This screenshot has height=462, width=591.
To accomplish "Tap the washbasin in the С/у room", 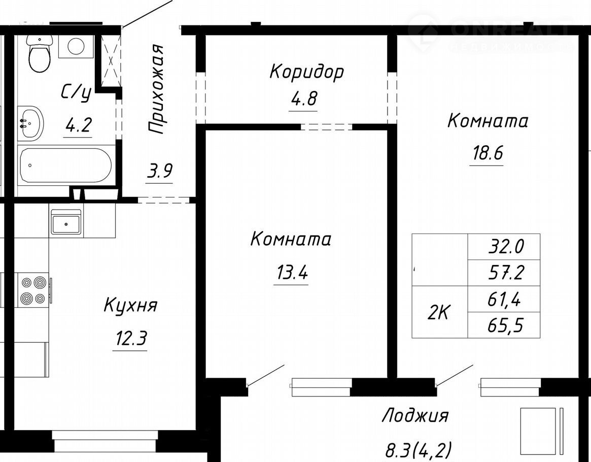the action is pyautogui.click(x=31, y=123).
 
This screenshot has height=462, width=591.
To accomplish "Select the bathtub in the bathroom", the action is pyautogui.click(x=65, y=166).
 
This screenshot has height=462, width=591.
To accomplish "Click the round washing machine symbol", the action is pyautogui.click(x=76, y=46).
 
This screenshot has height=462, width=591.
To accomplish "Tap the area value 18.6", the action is pyautogui.click(x=488, y=153).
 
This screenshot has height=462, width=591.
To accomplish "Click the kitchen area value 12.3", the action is pyautogui.click(x=130, y=337).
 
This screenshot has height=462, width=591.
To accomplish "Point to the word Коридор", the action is pyautogui.click(x=306, y=71).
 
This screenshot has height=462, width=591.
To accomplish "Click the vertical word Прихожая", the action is pyautogui.click(x=156, y=89).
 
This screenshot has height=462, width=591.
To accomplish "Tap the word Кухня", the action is pyautogui.click(x=130, y=306).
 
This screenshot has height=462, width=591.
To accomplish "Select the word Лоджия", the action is pyautogui.click(x=415, y=416).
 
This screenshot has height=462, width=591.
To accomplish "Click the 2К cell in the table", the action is pyautogui.click(x=440, y=312).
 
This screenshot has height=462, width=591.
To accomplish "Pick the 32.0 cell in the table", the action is pyautogui.click(x=504, y=247).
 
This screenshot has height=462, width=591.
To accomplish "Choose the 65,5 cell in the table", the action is pyautogui.click(x=504, y=325).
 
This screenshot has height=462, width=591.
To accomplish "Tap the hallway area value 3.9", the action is pyautogui.click(x=159, y=171).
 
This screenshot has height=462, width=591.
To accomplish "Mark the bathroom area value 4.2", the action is pyautogui.click(x=79, y=124).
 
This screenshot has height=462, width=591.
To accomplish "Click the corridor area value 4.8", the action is pyautogui.click(x=303, y=98).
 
